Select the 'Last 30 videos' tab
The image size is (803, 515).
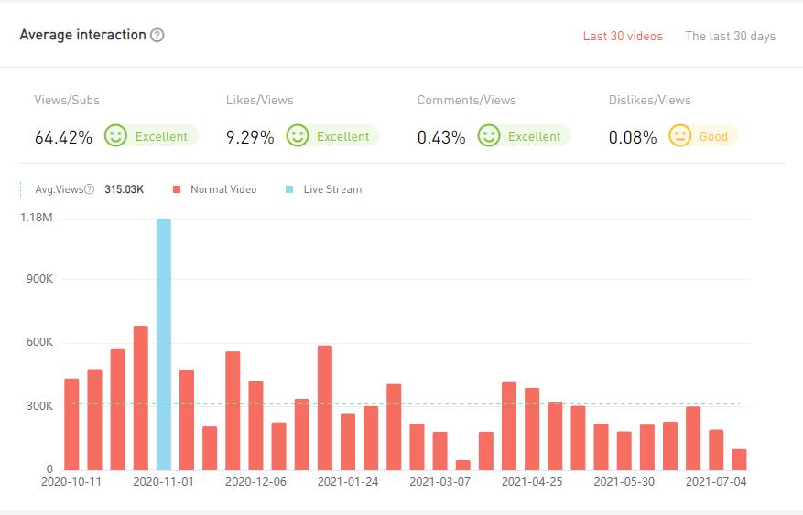click(x=623, y=37)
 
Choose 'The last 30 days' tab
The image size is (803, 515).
click(x=730, y=37)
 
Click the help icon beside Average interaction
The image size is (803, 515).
click(x=157, y=35)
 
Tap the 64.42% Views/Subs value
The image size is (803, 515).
click(x=63, y=138)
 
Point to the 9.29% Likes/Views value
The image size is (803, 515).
click(x=250, y=138)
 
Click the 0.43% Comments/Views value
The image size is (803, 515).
click(x=441, y=138)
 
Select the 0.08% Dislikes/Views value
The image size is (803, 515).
click(x=633, y=138)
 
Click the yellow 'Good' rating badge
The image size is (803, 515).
click(x=702, y=136)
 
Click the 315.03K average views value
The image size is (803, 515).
click(x=124, y=189)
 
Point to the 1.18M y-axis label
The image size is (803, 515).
click(x=37, y=218)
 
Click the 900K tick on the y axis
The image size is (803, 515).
click(x=38, y=280)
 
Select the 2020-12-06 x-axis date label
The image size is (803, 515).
click(x=255, y=482)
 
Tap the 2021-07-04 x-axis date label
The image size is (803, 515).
click(x=716, y=482)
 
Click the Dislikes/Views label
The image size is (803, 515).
click(x=649, y=100)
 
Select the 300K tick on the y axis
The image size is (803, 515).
click(x=38, y=406)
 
